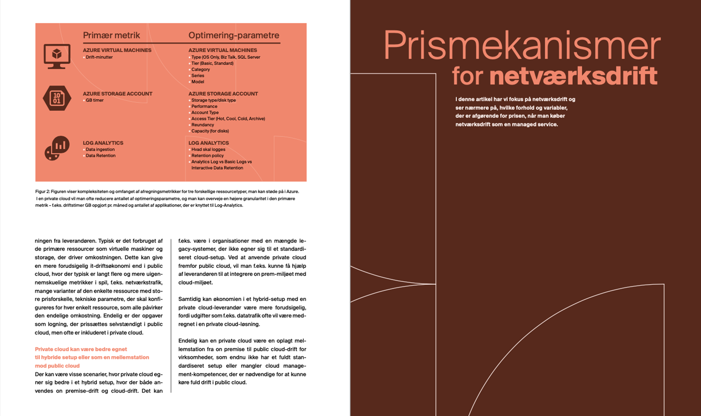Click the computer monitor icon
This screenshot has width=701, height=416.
[x=57, y=56]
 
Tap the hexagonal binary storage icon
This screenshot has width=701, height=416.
[x=57, y=98]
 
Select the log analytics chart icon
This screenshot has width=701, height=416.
[x=57, y=148]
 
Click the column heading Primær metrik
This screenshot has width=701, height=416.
[x=111, y=36]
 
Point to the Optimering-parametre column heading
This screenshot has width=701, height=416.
[x=234, y=36]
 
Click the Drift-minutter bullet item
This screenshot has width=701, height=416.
[x=99, y=57]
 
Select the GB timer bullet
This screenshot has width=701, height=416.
[x=95, y=100]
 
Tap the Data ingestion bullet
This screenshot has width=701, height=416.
[x=100, y=150]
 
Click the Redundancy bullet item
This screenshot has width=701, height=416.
[x=202, y=125]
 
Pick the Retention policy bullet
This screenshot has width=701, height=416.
[x=207, y=156]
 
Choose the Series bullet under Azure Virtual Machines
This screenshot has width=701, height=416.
[x=198, y=76]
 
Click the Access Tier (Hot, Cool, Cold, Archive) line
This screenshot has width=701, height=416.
[x=228, y=119]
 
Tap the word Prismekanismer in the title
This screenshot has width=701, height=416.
[x=522, y=45]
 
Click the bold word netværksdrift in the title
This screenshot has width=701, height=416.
[x=573, y=76]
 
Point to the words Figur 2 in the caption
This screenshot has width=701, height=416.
[x=42, y=192]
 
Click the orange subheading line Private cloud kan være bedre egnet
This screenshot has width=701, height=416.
[x=81, y=349]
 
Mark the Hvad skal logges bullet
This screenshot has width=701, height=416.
[x=208, y=150]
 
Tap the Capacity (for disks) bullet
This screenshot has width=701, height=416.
[x=210, y=131]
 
